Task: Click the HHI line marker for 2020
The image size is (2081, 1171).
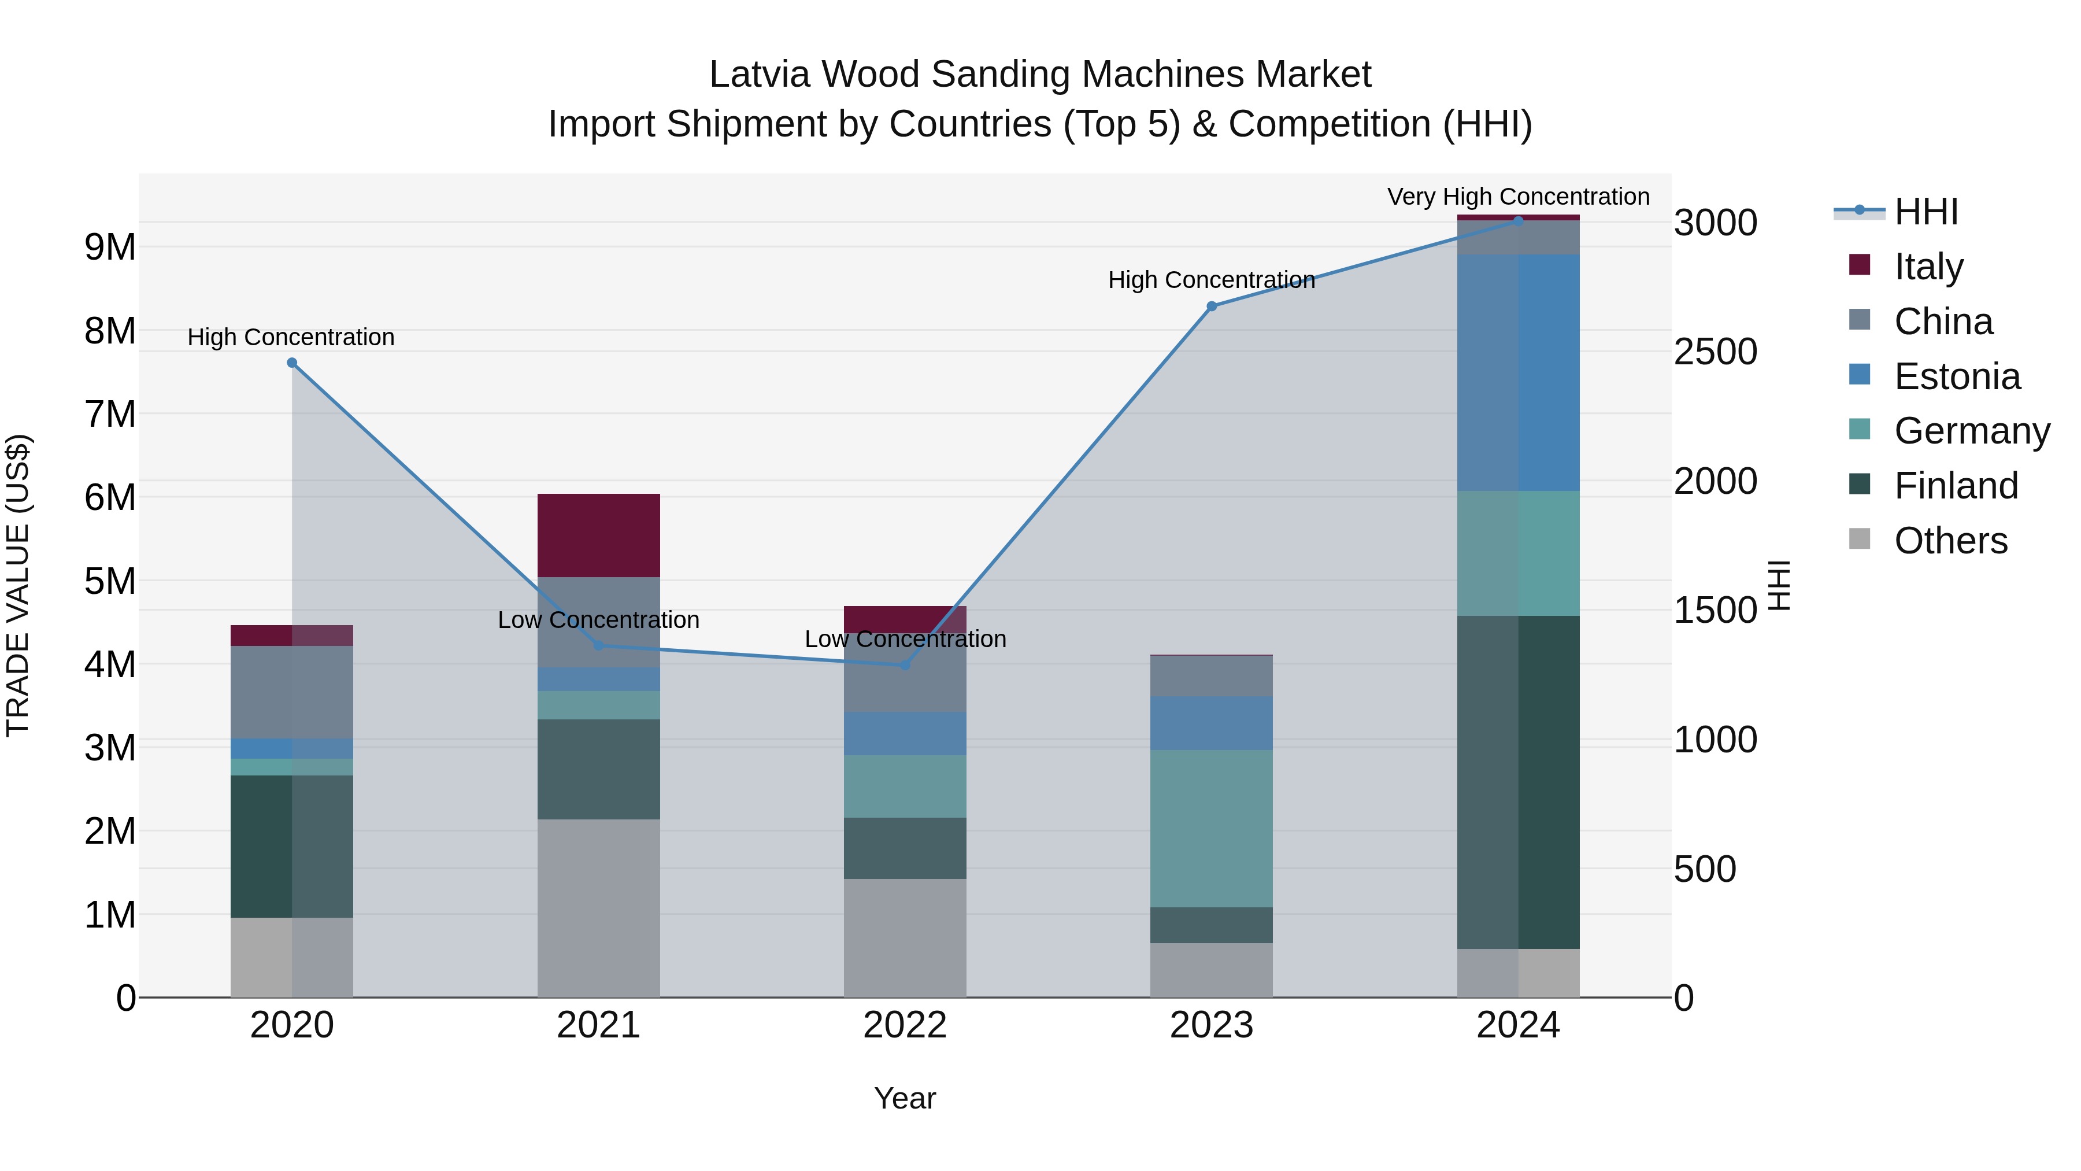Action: [x=292, y=363]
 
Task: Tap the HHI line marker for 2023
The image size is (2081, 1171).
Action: [x=1211, y=306]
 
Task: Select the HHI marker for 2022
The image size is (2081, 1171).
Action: [x=905, y=665]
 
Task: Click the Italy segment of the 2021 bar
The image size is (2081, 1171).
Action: [x=599, y=535]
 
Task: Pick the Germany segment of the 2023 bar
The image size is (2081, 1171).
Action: [x=1211, y=828]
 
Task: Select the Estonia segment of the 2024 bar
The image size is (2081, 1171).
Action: [x=1518, y=372]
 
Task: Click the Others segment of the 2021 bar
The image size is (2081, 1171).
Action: [x=599, y=908]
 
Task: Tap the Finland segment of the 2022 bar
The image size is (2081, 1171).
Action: [x=905, y=848]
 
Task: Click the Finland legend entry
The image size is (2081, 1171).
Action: [x=1955, y=486]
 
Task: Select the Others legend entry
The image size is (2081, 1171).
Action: [x=1950, y=541]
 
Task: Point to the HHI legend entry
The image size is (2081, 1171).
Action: [x=1925, y=212]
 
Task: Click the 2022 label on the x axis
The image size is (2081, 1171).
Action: [x=905, y=1025]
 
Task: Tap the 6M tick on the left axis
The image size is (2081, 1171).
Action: [x=110, y=497]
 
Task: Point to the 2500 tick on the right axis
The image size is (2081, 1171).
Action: [x=1715, y=352]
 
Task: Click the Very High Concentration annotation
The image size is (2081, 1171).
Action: [x=1518, y=197]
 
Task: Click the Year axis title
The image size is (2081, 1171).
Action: [x=905, y=1098]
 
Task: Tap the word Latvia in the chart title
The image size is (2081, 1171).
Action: [x=760, y=75]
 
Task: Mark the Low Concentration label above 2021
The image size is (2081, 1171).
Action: [x=599, y=620]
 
